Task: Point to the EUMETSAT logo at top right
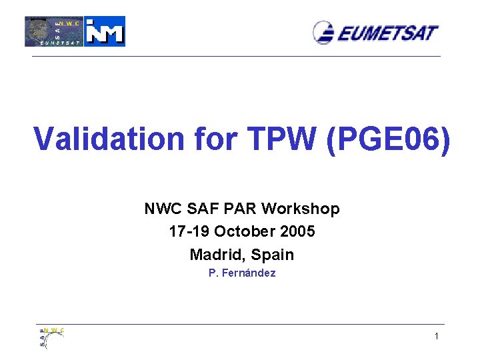click(x=376, y=32)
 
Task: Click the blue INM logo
click(x=105, y=31)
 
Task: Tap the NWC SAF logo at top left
click(x=54, y=31)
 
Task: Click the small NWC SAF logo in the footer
click(x=51, y=337)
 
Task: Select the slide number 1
click(x=437, y=337)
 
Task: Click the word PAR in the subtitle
click(x=242, y=209)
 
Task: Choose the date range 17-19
click(x=189, y=232)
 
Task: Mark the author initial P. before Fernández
click(x=212, y=273)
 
